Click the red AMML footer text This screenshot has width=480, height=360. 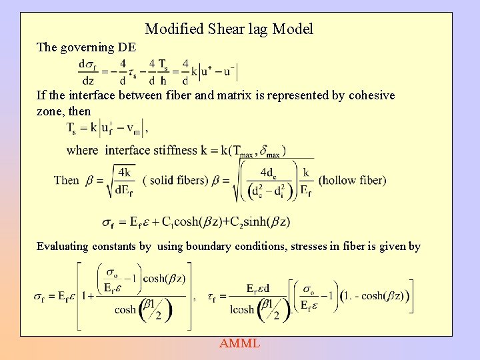(239, 344)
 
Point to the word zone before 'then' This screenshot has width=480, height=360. (51, 111)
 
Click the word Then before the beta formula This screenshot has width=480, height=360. (67, 180)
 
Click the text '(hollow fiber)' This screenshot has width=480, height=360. (352, 180)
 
